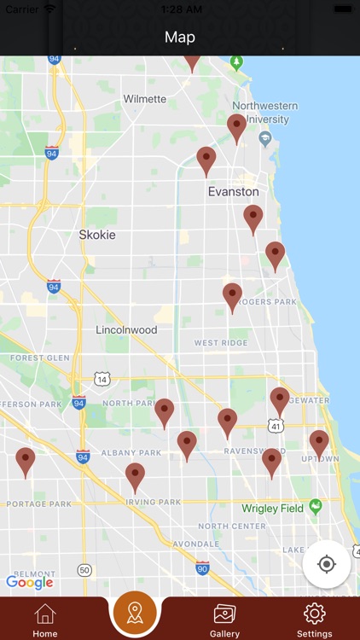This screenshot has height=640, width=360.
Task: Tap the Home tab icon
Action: pos(45,614)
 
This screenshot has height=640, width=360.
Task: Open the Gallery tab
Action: pos(224,614)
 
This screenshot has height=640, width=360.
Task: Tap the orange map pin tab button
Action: pos(135,612)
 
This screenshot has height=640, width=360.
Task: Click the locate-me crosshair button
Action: pos(326,564)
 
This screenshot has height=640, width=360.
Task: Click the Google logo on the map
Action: pos(30,583)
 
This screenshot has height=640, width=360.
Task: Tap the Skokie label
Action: pos(97,234)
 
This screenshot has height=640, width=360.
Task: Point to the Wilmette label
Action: pos(145,99)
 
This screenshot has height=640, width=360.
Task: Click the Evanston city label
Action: pos(233,192)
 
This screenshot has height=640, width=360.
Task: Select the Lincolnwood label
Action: pos(126,329)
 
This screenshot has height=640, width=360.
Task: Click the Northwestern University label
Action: pos(265,112)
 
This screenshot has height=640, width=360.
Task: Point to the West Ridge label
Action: pos(220,343)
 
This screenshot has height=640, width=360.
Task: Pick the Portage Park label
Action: pos(39,503)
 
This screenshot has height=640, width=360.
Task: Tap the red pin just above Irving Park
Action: pos(135,476)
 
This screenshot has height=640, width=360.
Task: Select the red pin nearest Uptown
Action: pos(319,443)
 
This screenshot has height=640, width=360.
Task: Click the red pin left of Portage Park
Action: pos(26,461)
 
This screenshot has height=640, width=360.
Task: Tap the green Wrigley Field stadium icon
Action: pos(316,507)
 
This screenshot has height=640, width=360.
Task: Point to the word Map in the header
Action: pos(180,37)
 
